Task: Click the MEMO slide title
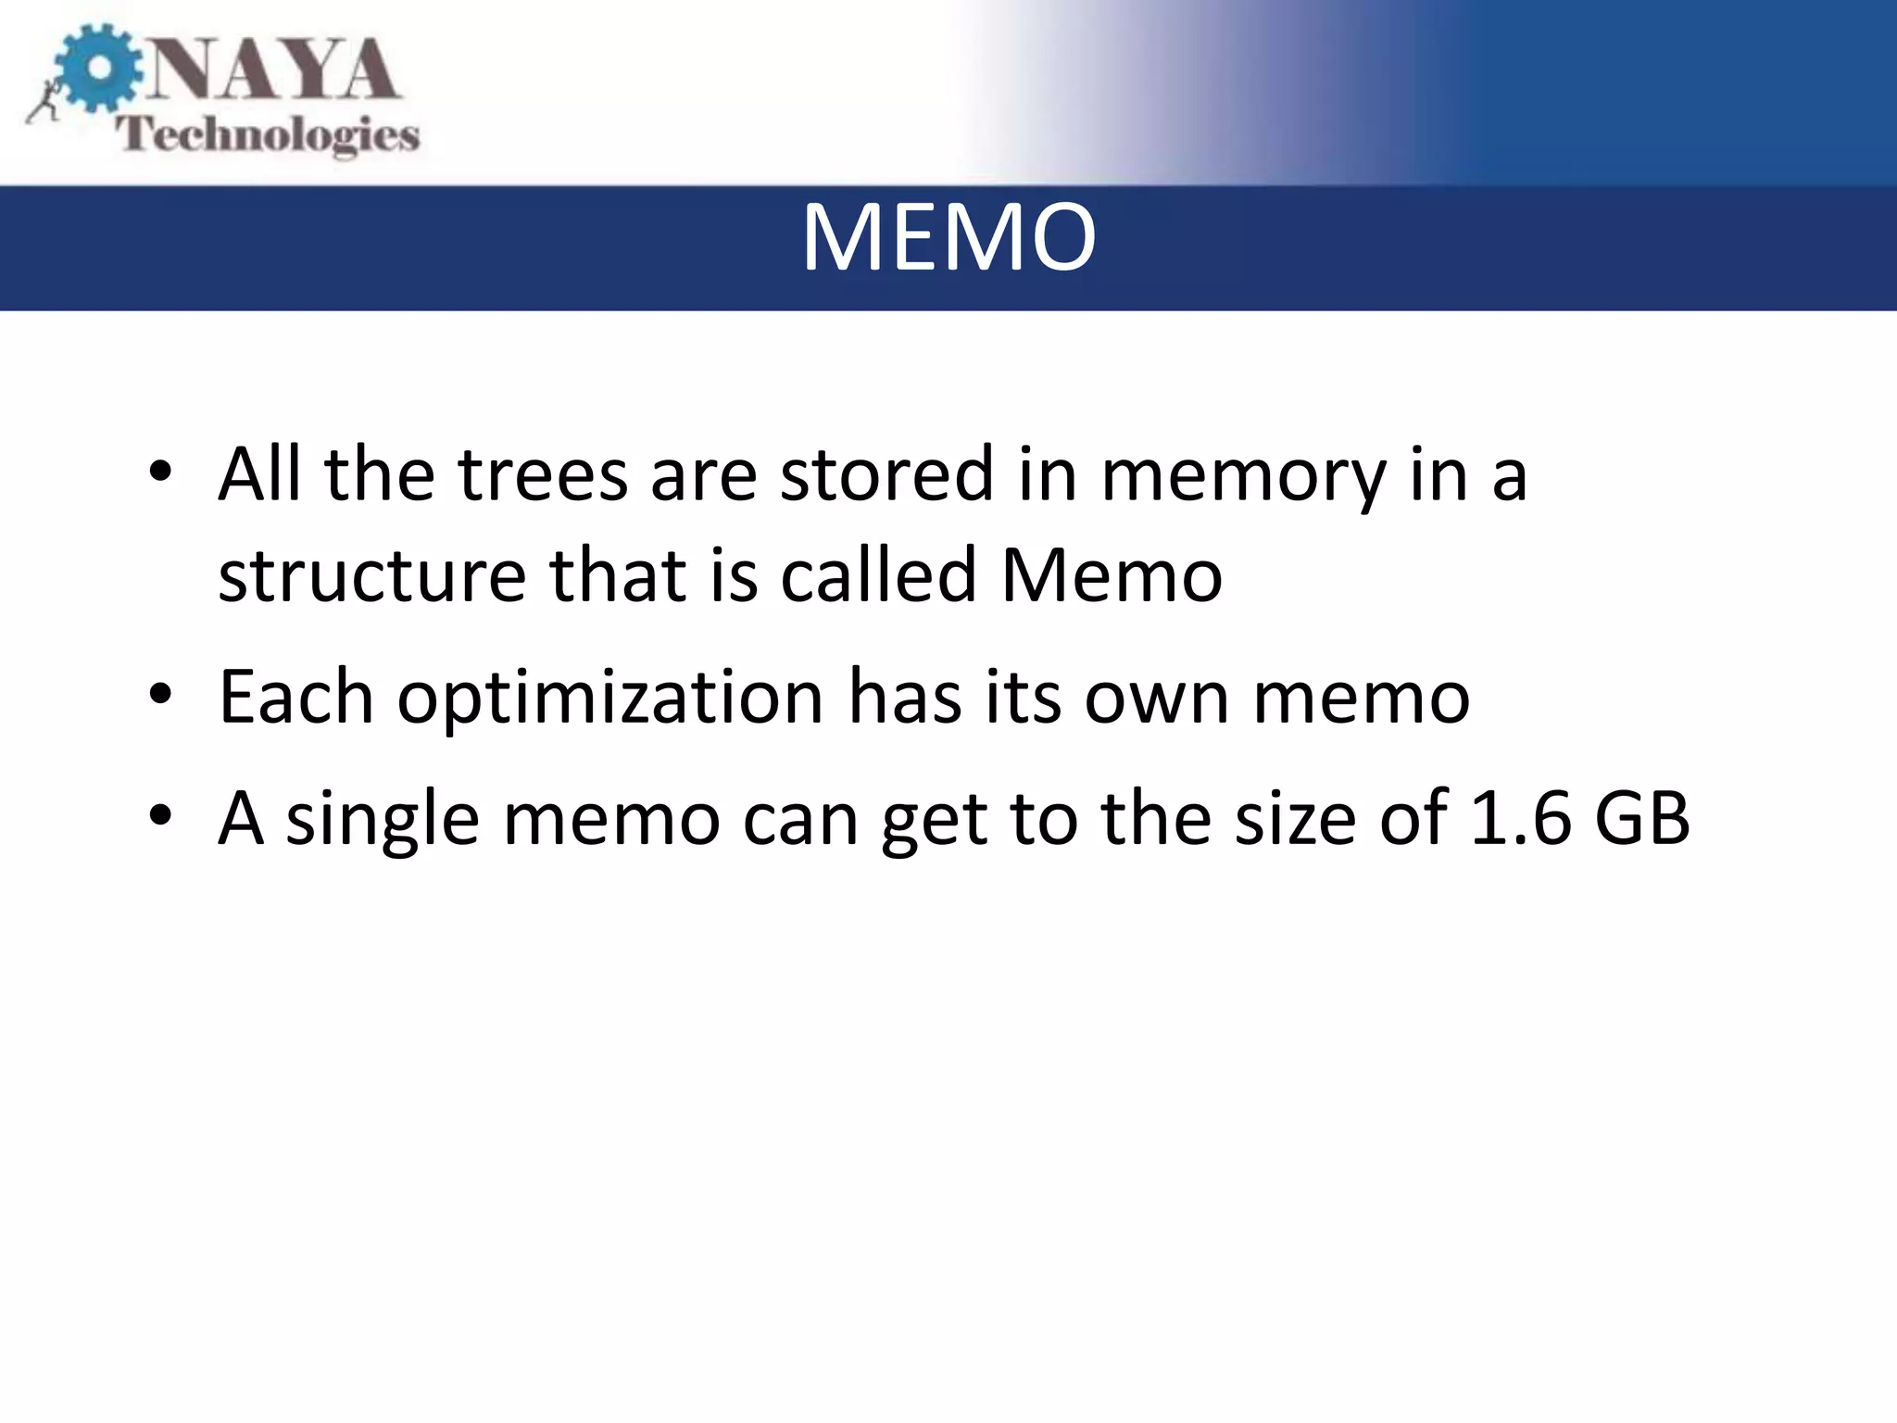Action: point(948,239)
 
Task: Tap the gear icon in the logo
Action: point(98,70)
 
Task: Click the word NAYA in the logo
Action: point(273,70)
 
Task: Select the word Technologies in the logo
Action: point(268,135)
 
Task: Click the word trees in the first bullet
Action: point(543,474)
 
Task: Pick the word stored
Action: point(886,474)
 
